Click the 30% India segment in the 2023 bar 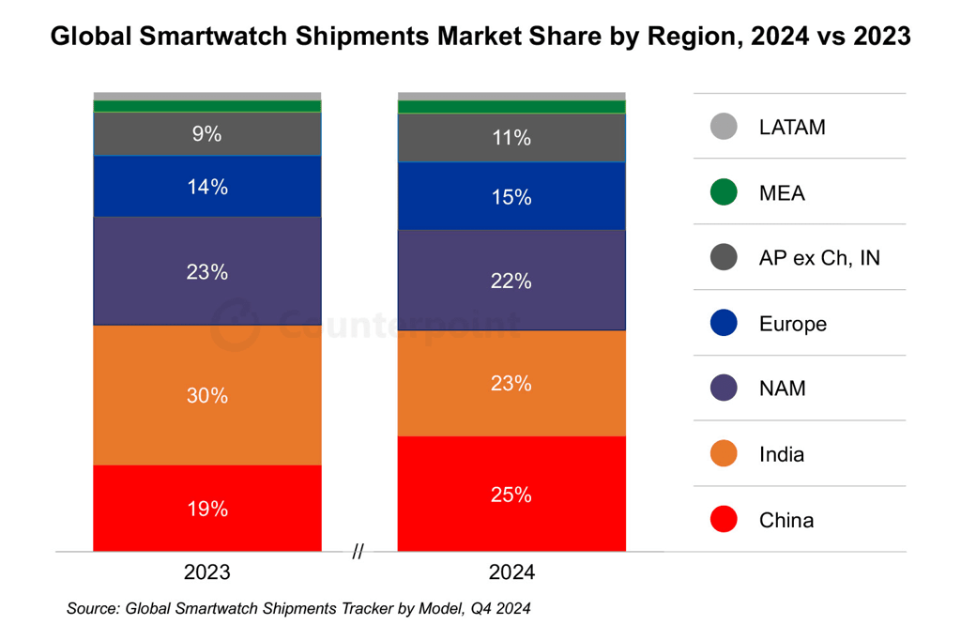point(206,395)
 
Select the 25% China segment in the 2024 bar point(511,494)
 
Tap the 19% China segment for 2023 point(206,509)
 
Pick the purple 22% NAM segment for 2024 point(511,281)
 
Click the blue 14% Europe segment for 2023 point(206,187)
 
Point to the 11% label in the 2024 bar point(511,138)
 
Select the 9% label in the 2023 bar point(206,134)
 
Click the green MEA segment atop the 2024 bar point(511,107)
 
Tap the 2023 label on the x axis point(206,572)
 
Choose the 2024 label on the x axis point(511,572)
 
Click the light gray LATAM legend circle point(724,127)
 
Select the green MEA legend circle point(724,192)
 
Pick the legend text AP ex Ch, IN point(819,258)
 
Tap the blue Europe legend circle point(724,324)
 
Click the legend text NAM point(782,389)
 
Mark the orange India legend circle point(724,454)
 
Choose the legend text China point(786,520)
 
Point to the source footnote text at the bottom point(298,609)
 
